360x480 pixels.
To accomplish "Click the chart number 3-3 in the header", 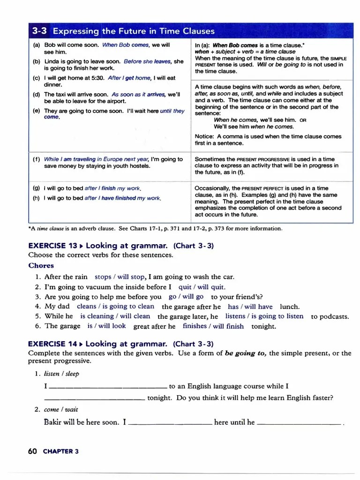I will coord(40,31).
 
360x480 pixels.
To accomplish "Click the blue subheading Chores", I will coord(41,266).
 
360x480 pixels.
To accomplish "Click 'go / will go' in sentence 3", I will coord(186,297).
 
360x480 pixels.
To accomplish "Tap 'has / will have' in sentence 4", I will coord(250,307).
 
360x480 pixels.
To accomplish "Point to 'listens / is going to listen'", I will coord(264,316).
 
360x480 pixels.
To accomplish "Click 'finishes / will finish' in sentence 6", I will coord(213,326).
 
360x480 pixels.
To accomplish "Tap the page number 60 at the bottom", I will coord(32,451).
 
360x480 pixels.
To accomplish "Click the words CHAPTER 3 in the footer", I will coord(61,451).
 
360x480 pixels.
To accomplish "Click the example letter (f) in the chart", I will coord(36,159).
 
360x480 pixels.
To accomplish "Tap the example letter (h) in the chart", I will coord(36,198).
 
